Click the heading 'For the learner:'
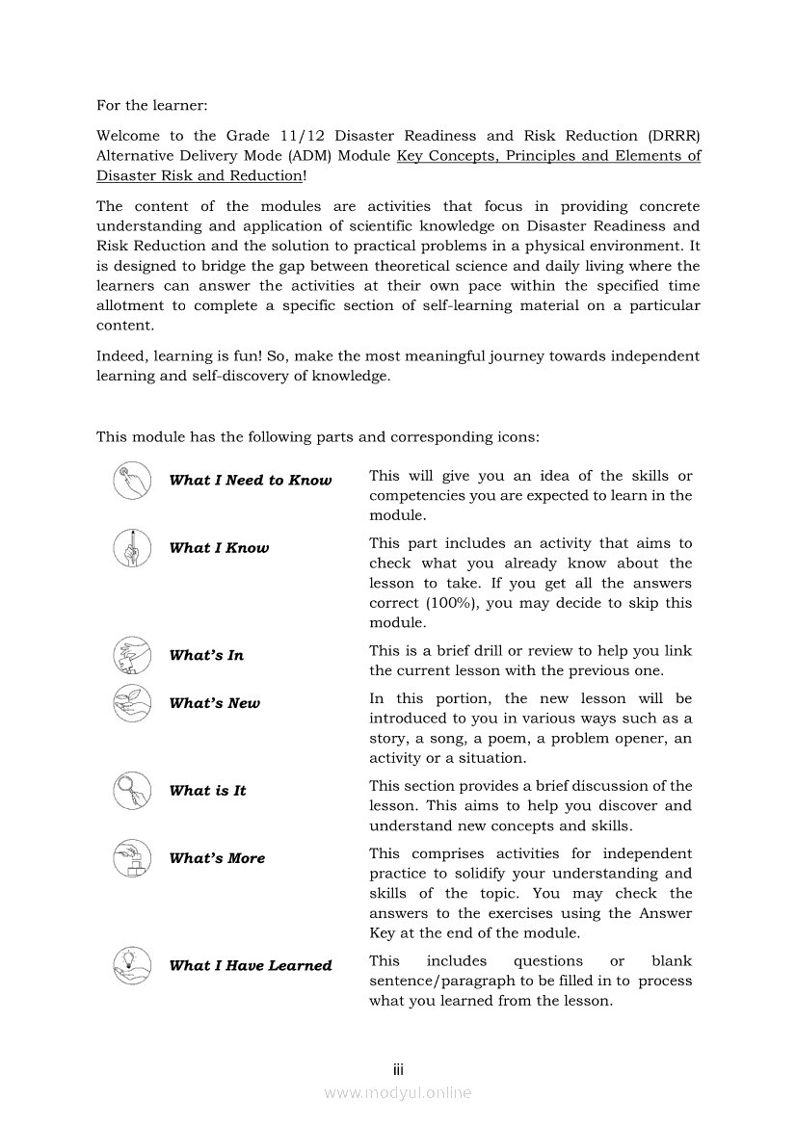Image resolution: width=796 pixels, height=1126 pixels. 151,105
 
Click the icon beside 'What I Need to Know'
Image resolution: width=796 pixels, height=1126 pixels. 132,481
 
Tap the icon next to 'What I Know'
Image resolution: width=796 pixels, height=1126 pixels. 132,548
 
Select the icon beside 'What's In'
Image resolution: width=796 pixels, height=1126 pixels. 132,655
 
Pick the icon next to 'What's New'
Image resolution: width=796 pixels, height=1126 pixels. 132,703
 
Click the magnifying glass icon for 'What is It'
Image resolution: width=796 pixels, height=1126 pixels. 132,791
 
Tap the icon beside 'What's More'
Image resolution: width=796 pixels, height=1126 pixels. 132,858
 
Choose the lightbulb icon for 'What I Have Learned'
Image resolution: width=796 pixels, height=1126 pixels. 132,965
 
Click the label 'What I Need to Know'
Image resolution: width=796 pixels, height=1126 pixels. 251,481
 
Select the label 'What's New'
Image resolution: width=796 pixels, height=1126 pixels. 214,703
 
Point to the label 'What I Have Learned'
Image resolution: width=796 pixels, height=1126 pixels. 251,965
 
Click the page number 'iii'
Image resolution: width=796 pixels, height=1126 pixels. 398,1069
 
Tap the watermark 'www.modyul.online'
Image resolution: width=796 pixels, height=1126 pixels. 398,1093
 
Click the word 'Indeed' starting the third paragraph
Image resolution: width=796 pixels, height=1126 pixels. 121,356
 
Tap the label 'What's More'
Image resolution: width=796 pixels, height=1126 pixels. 217,858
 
